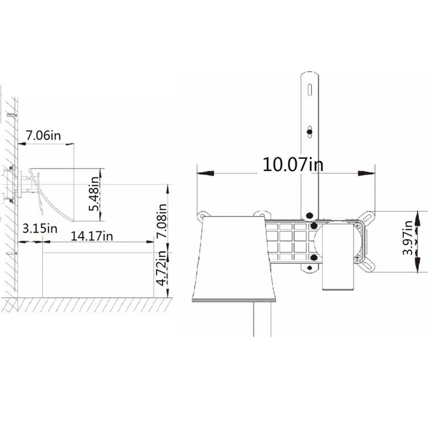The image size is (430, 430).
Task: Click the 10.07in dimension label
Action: pos(293,165)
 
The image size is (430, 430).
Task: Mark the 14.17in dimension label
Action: pos(92,235)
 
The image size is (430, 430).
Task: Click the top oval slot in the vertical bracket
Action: pos(309,90)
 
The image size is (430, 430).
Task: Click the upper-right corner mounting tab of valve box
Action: pos(368,217)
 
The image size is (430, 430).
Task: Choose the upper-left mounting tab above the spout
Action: pos(202,215)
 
